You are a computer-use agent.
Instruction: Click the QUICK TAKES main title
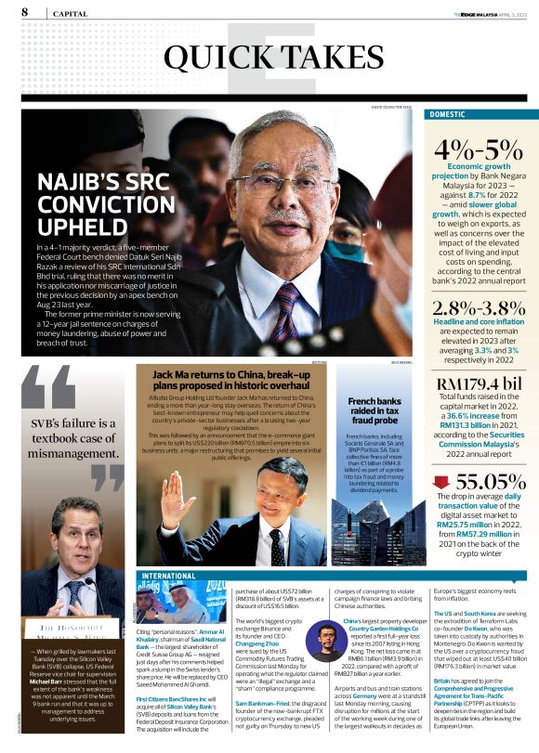click(x=262, y=58)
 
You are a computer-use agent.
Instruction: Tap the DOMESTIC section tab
click(x=452, y=114)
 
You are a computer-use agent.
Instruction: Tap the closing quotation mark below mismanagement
click(x=107, y=477)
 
